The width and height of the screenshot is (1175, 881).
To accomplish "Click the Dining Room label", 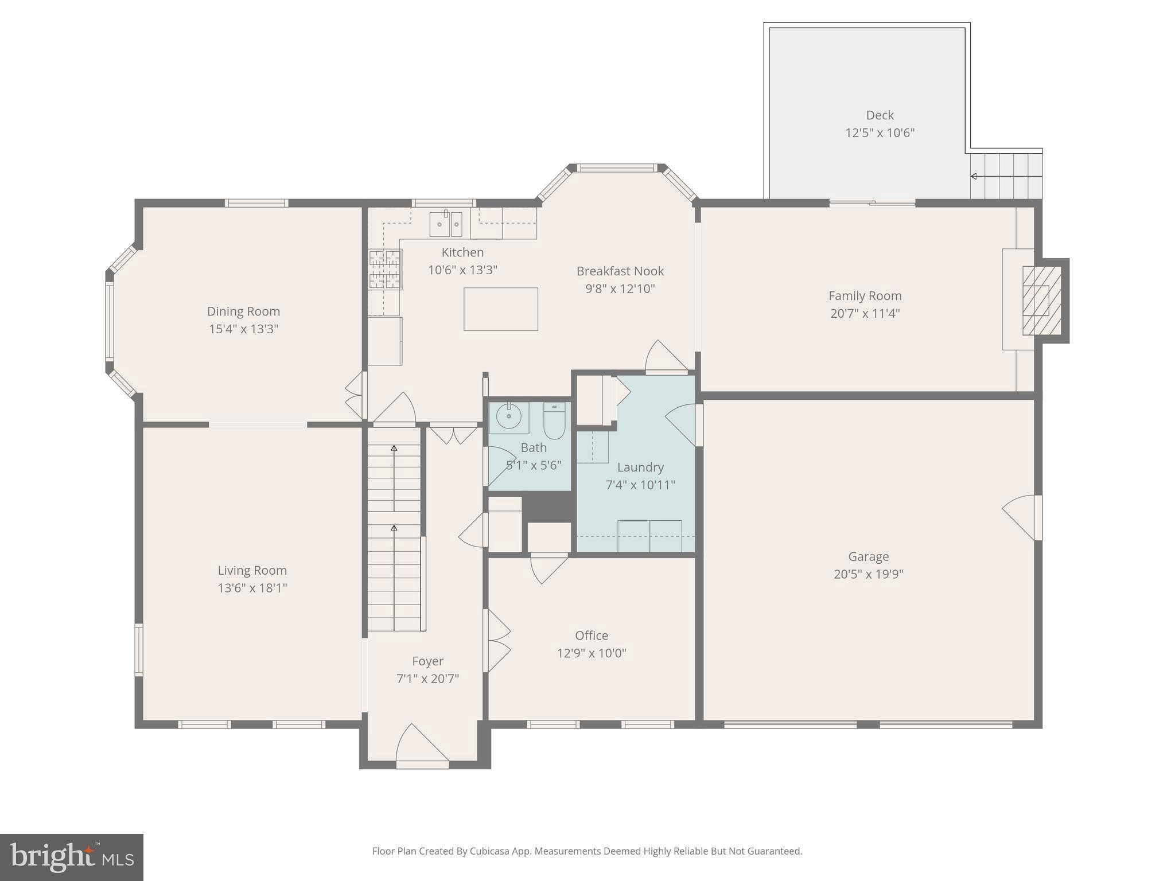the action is (243, 311).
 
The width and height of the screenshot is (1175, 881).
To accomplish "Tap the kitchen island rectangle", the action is (501, 309).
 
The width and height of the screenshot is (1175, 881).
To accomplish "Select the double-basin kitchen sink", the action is (446, 224).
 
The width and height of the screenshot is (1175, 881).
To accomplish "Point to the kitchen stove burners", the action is (385, 269).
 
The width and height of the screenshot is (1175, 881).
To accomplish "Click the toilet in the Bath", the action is (555, 421).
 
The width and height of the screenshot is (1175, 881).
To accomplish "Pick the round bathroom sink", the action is (508, 416).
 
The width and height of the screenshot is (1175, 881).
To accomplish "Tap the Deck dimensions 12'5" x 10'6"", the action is (880, 133).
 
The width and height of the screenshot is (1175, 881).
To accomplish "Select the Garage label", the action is (869, 556).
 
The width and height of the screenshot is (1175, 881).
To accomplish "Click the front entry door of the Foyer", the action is (423, 746).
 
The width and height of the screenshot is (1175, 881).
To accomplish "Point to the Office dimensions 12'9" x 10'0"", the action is (592, 653).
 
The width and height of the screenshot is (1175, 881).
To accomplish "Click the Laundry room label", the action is (640, 467).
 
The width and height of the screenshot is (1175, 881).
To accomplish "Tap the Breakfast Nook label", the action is (620, 271).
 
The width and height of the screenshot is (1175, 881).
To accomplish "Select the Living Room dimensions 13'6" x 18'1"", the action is (252, 588).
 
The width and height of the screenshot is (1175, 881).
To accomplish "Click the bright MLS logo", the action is (72, 857).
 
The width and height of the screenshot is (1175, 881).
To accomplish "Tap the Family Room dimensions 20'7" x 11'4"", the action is (865, 314).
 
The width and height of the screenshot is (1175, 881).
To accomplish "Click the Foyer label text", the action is (428, 661).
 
